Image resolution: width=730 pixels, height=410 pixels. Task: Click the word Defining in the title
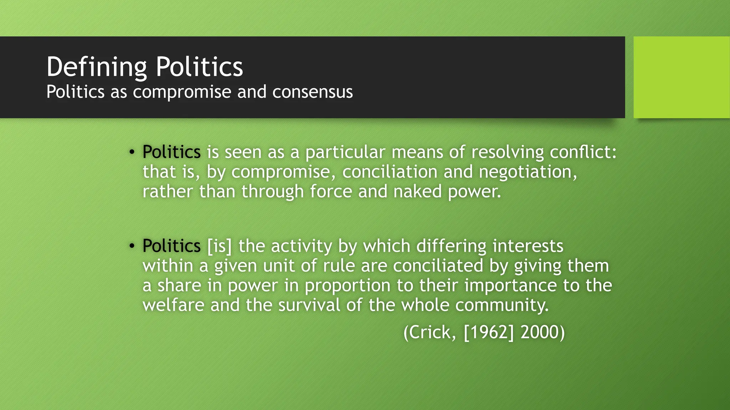(96, 67)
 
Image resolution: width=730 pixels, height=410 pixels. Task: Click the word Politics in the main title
(199, 67)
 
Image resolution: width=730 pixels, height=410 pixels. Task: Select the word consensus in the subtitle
(313, 92)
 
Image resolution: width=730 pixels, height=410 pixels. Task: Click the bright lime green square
(682, 77)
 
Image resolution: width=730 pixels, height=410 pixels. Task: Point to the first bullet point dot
(132, 152)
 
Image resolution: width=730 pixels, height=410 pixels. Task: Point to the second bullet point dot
(132, 246)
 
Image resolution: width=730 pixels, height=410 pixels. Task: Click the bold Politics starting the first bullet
(171, 152)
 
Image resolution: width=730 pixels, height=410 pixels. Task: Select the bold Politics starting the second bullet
(171, 246)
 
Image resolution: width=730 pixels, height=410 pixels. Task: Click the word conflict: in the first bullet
(583, 152)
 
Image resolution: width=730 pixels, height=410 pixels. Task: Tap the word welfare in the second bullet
(174, 305)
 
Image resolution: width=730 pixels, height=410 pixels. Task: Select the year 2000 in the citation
(540, 332)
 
